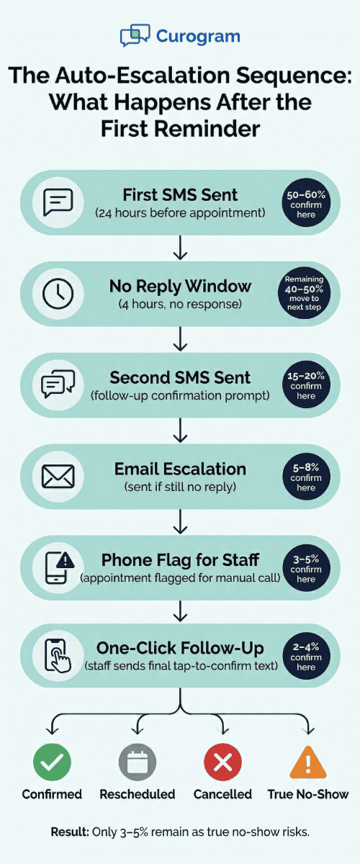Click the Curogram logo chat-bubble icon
(x=135, y=35)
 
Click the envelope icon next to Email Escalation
(x=58, y=476)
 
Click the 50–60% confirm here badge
(x=305, y=202)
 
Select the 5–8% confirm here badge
(x=305, y=477)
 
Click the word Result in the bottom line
(x=69, y=832)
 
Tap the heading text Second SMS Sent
(x=180, y=377)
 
